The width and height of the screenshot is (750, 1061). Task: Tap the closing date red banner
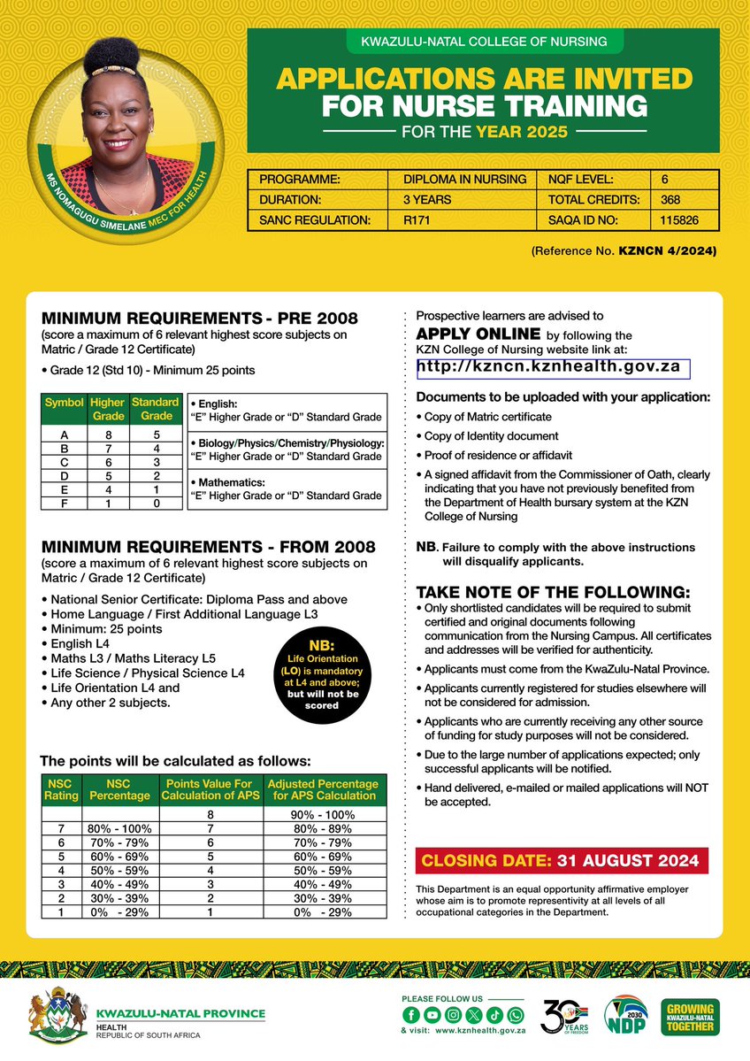(x=563, y=860)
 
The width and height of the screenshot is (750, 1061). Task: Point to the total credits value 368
(x=670, y=199)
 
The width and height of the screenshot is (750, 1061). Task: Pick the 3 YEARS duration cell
(x=427, y=199)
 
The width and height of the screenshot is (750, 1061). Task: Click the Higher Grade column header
(x=108, y=409)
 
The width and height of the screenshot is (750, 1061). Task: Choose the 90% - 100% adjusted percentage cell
(x=323, y=814)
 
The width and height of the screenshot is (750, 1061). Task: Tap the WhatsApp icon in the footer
(x=516, y=1014)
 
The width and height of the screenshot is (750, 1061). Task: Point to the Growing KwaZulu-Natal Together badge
(x=690, y=1018)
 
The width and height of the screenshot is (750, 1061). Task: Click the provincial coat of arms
(x=58, y=1017)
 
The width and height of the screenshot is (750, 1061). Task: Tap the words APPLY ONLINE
(x=478, y=334)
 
